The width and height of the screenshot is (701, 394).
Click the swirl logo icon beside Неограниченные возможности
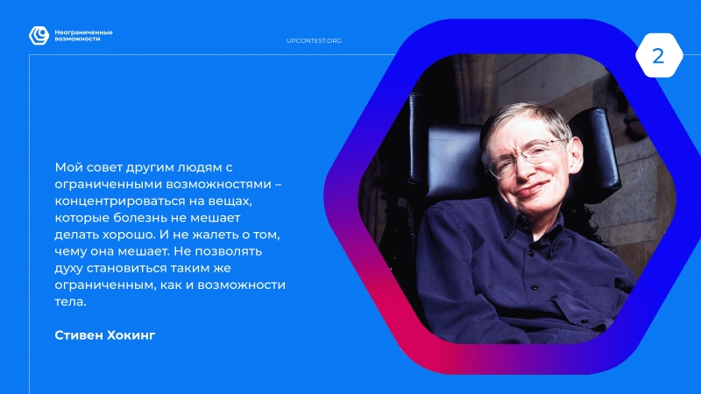click(x=39, y=36)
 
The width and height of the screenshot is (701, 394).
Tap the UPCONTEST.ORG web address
click(x=314, y=40)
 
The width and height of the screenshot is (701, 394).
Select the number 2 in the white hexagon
click(x=658, y=56)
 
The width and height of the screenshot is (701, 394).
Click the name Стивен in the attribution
click(x=78, y=335)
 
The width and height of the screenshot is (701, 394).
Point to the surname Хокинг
click(x=131, y=335)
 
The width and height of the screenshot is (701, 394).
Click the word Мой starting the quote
click(x=68, y=167)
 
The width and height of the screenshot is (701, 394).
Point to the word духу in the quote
click(x=68, y=269)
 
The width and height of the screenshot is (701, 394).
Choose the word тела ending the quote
click(x=70, y=302)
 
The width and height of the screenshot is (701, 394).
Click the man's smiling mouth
click(x=531, y=188)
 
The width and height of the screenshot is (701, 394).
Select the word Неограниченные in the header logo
click(x=83, y=32)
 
